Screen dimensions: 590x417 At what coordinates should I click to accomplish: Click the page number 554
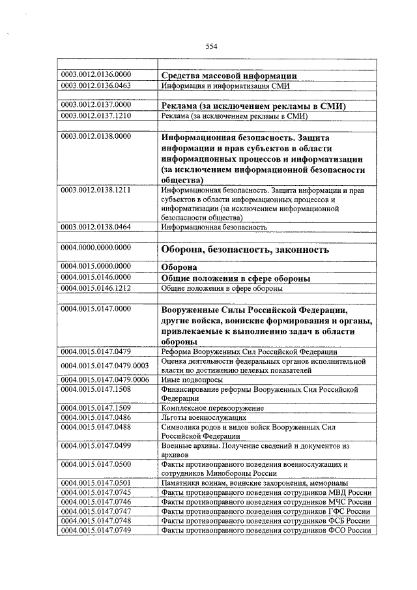tap(210, 46)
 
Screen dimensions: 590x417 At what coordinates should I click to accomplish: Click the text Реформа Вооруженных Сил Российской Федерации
tap(248, 351)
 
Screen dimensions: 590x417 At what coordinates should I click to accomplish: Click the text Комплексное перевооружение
tap(212, 407)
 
